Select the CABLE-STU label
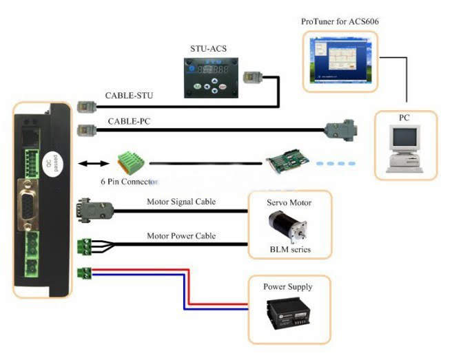pos(129,96)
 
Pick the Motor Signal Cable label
pos(181,202)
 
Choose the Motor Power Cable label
pos(181,236)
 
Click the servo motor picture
pos(289,226)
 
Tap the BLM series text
pos(289,248)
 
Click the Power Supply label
pos(287,286)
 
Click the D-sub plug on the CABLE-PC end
pos(342,130)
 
